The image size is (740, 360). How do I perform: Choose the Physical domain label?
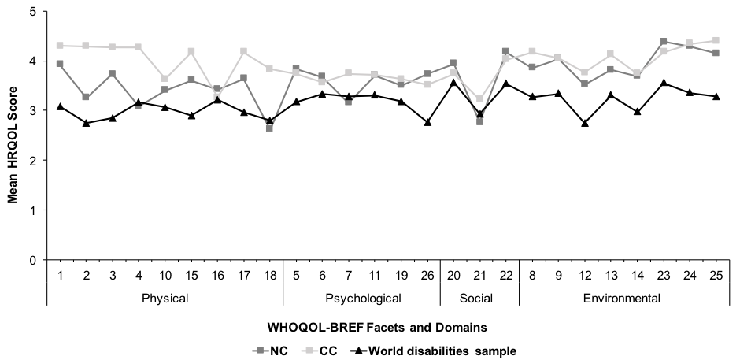[x=165, y=299]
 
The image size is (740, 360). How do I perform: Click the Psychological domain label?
[x=361, y=299]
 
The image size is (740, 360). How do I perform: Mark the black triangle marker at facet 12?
[x=584, y=124]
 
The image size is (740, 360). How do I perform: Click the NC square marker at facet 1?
[x=60, y=64]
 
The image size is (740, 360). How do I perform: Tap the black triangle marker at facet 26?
[x=427, y=122]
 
